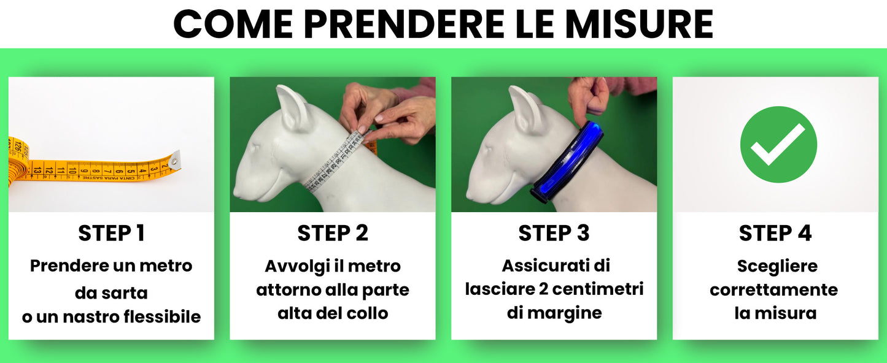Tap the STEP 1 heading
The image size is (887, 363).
[111, 234]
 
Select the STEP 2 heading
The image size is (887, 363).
[333, 234]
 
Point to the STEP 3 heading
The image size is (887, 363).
[554, 234]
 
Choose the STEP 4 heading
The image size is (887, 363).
[775, 234]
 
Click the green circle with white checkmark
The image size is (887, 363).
[778, 145]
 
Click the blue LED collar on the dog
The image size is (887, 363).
[568, 161]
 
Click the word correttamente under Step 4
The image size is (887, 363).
[774, 289]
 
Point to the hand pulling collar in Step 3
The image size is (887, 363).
[587, 94]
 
